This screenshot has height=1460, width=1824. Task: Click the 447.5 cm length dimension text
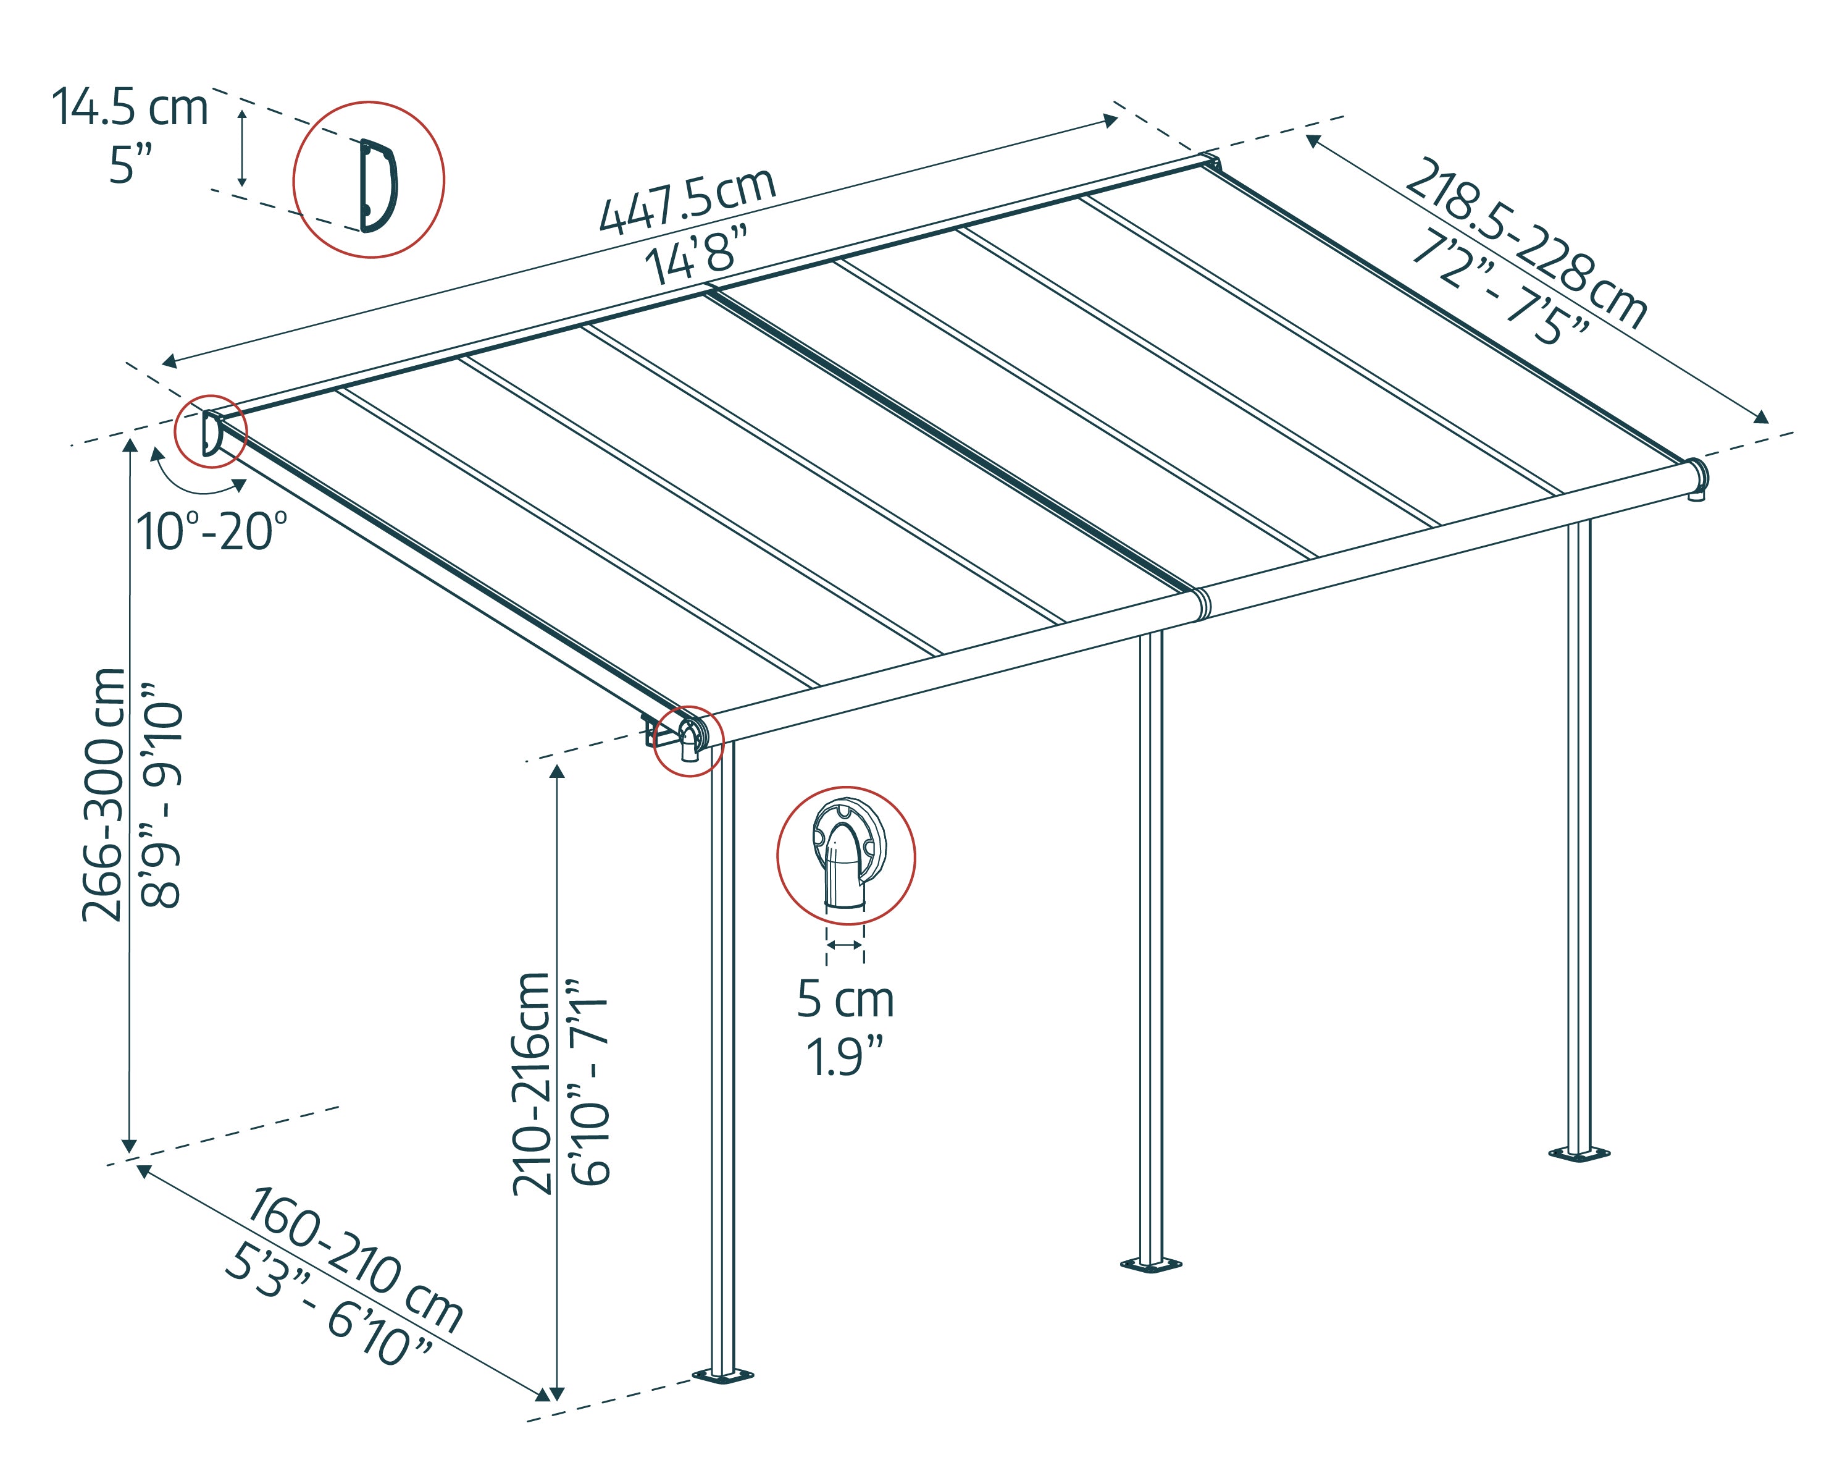(687, 201)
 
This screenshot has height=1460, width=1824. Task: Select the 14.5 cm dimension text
(130, 108)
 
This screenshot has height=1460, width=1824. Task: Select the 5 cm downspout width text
(845, 1000)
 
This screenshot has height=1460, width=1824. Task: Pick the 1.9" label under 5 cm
(843, 1057)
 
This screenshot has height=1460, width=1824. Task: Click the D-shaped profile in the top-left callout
(377, 185)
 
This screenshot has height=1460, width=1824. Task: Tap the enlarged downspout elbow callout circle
(846, 856)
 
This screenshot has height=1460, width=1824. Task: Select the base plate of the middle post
(1150, 1265)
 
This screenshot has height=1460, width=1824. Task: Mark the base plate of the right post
(1579, 1154)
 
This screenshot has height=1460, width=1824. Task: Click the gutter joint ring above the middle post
(1202, 602)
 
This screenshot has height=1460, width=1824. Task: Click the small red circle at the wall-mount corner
(211, 431)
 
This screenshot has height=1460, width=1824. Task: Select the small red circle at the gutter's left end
(688, 741)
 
